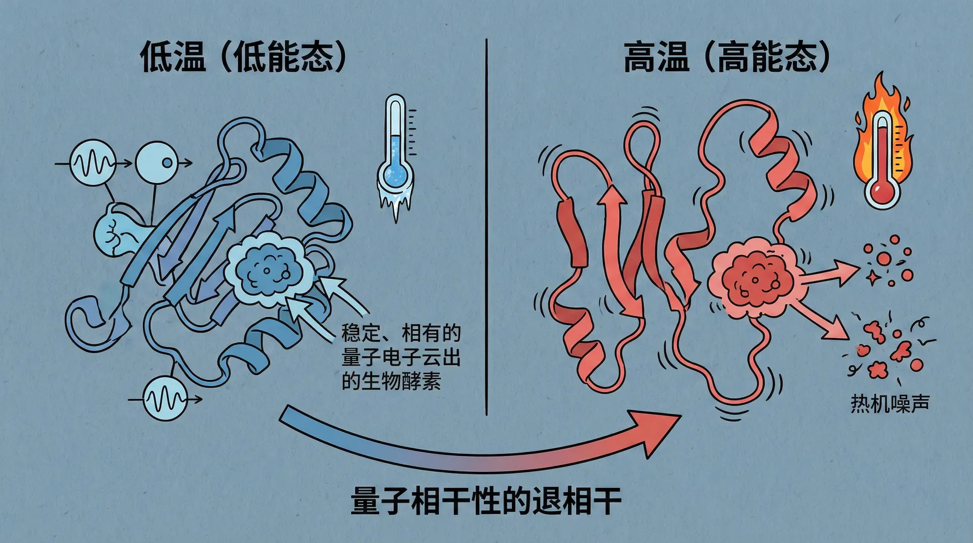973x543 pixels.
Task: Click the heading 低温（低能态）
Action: pos(243,57)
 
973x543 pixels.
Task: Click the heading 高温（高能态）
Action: pos(726,57)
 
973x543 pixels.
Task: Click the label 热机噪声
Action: pos(890,404)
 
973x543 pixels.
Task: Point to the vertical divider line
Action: pos(486,228)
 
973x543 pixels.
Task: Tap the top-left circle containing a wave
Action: pos(92,163)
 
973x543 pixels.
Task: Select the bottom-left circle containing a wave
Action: pos(165,399)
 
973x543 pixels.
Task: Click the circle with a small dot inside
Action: pos(158,163)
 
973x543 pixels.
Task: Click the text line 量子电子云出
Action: pos(400,357)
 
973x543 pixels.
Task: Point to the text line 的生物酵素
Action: pos(391,381)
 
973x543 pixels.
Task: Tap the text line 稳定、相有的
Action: pos(400,333)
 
